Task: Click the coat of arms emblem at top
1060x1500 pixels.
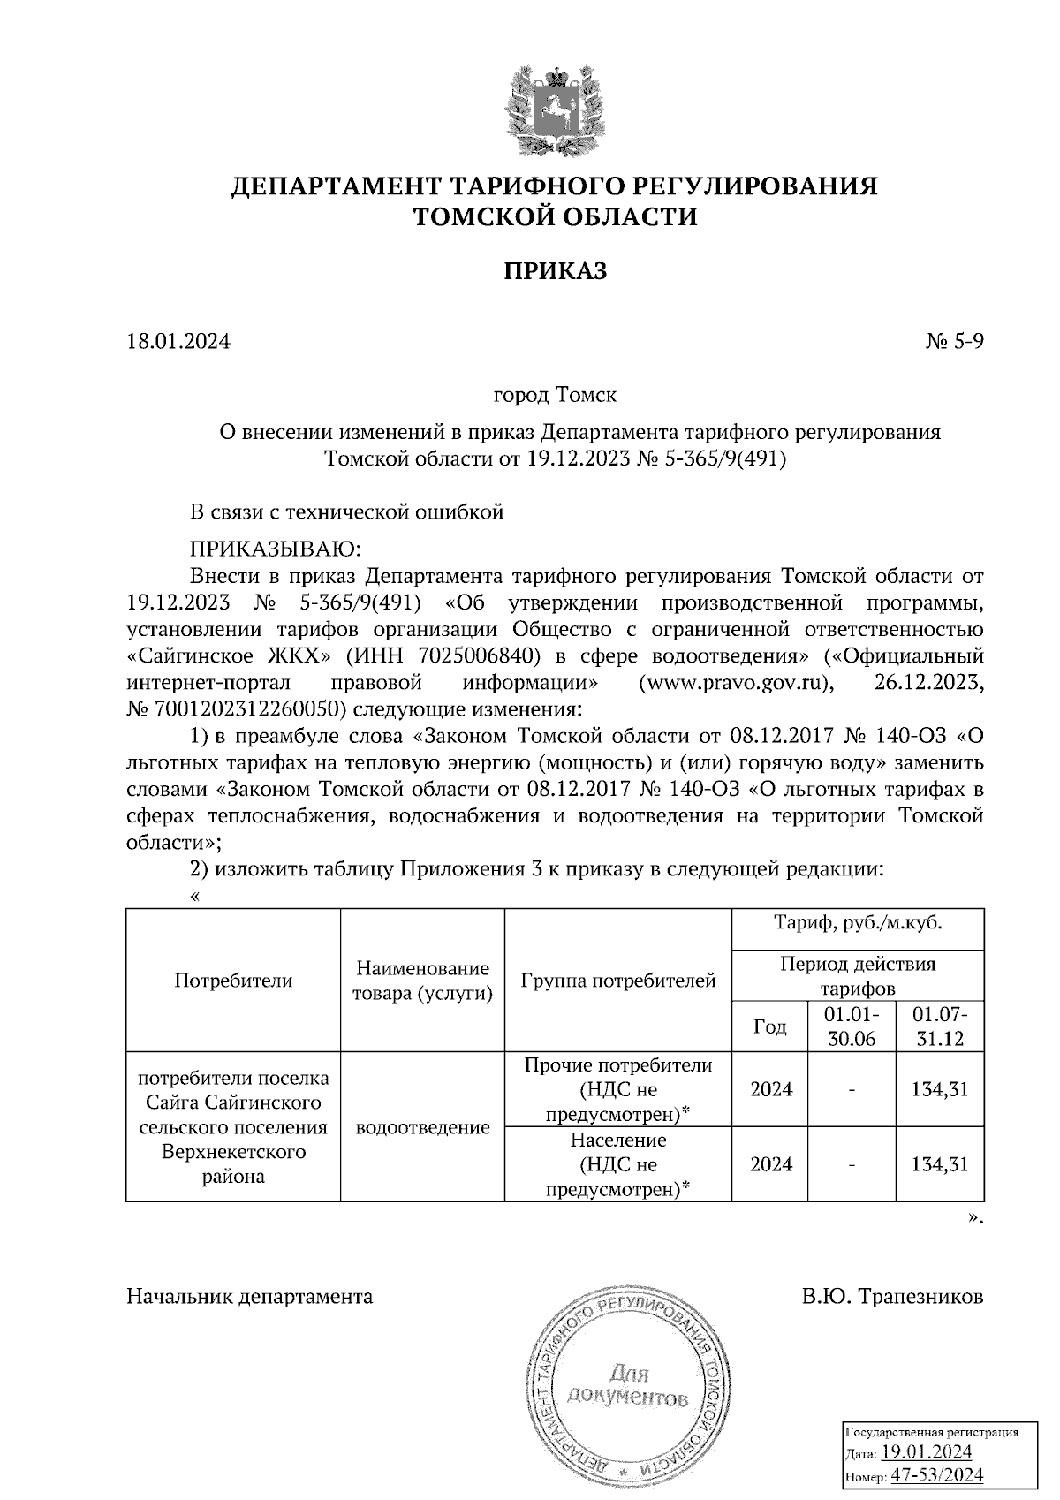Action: point(556,114)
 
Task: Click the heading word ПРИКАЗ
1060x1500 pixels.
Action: point(556,271)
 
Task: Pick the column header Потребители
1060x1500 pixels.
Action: point(233,980)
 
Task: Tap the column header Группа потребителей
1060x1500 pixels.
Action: point(618,980)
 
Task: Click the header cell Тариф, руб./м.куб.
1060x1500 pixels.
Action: point(858,925)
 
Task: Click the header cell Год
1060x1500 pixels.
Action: point(769,1026)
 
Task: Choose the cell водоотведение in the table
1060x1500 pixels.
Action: point(422,1127)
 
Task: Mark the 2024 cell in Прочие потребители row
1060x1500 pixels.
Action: point(771,1089)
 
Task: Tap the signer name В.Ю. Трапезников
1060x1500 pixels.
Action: point(893,1297)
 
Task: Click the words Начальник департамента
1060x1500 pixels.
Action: point(250,1297)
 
